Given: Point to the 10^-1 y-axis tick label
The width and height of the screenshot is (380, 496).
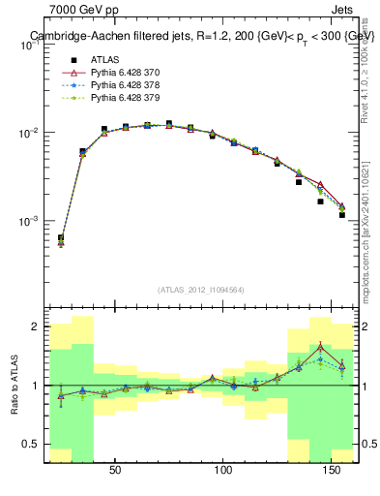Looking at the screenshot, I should click(28, 45).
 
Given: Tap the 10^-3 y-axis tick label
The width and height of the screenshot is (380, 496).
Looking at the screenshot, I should click(28, 221).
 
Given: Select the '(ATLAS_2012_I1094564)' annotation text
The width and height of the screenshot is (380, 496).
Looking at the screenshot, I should click(201, 289).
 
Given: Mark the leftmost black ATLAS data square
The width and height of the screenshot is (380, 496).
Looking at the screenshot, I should click(61, 237).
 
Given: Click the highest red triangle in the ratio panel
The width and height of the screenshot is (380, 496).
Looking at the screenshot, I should click(320, 347).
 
